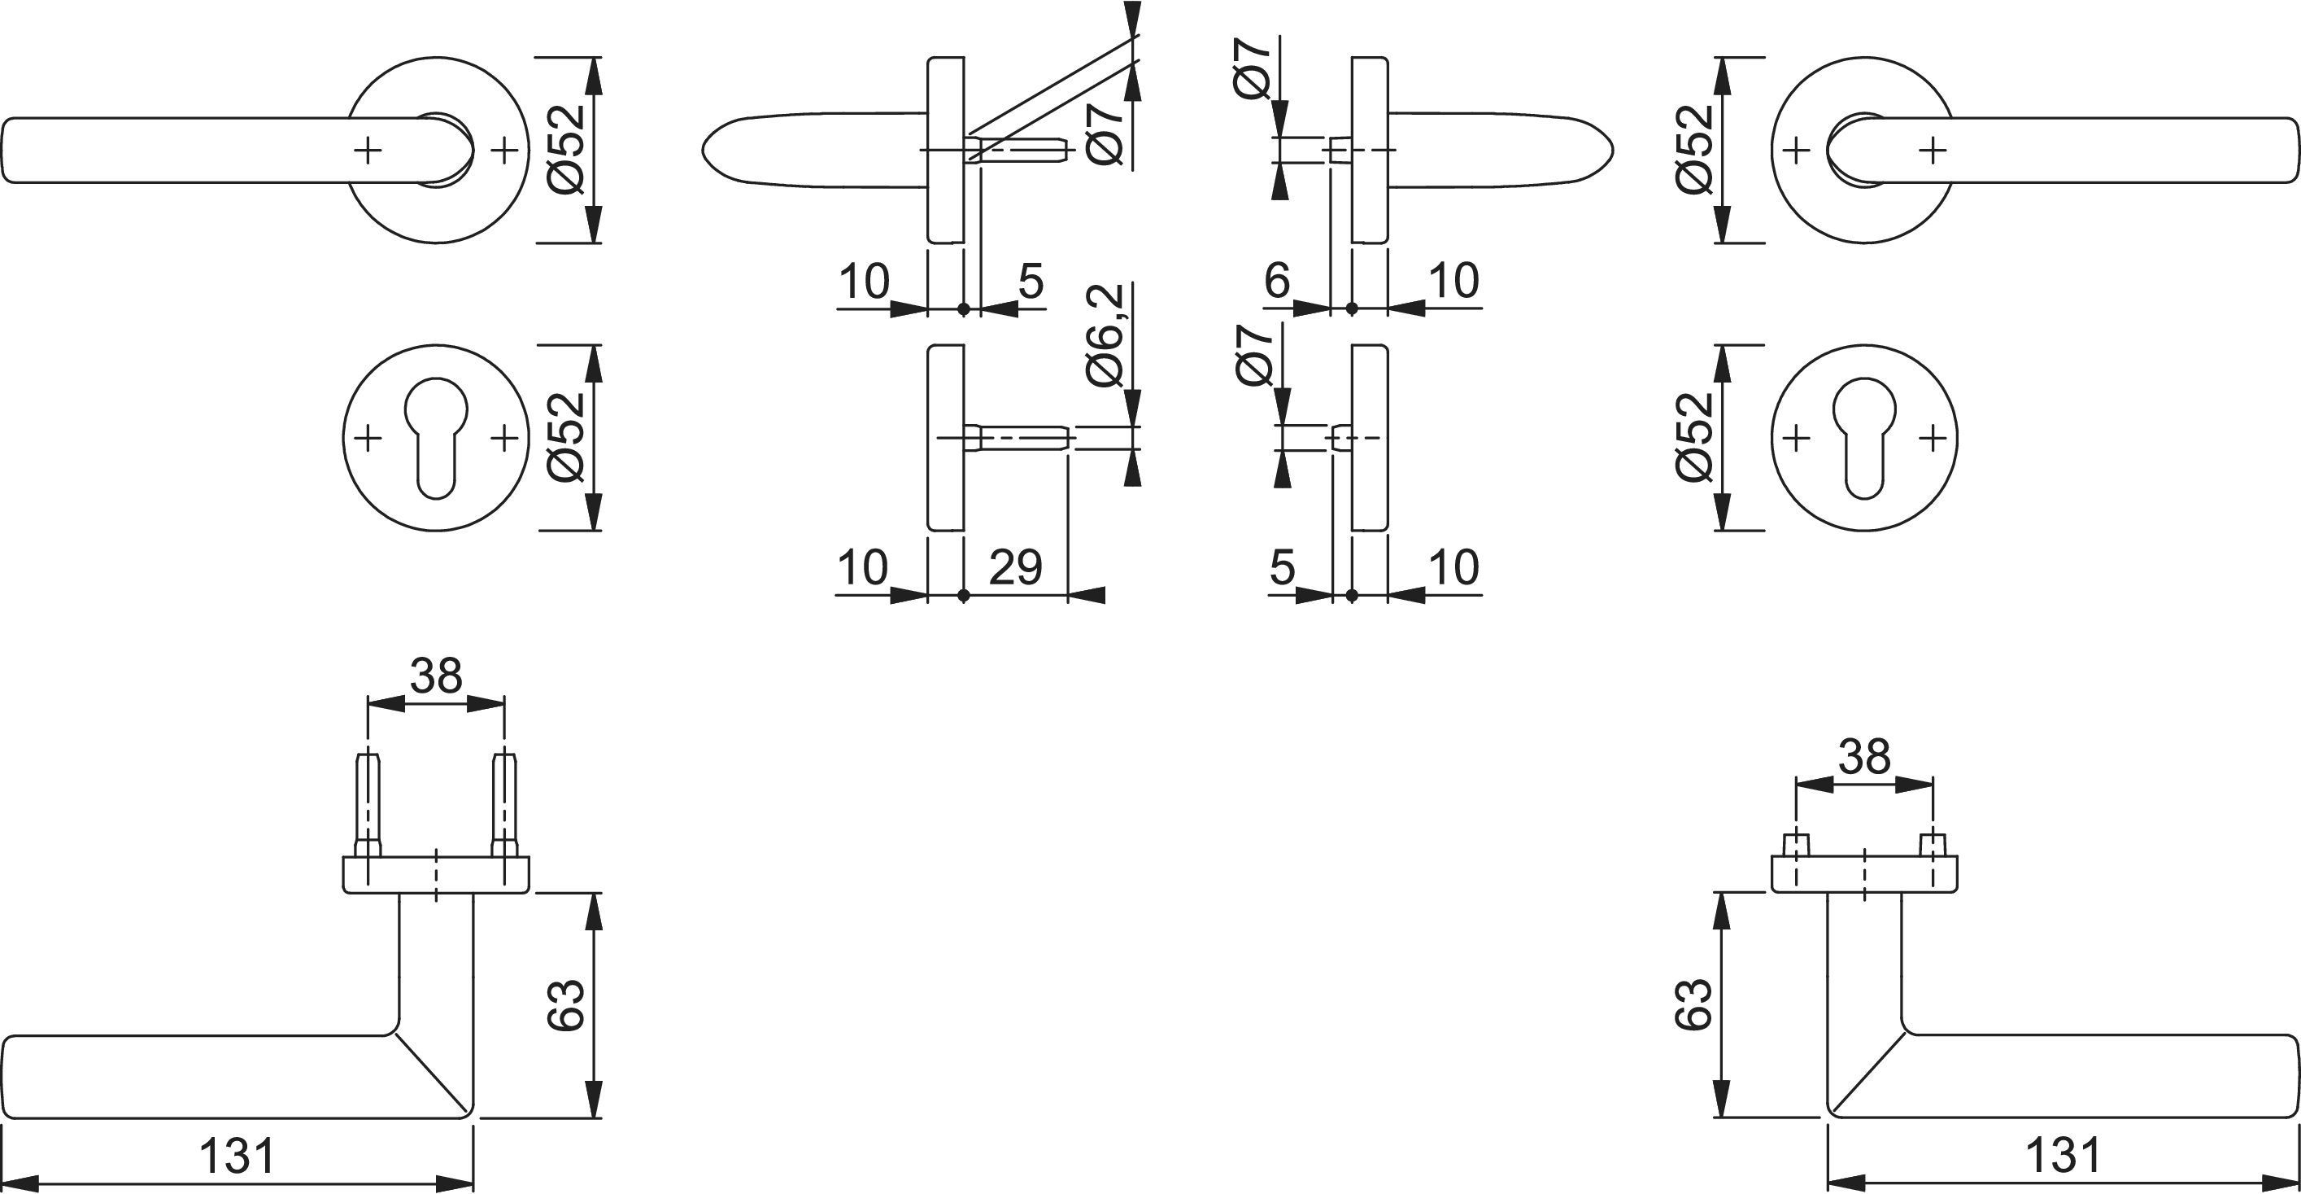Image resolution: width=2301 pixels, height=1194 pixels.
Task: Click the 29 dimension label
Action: point(1016,567)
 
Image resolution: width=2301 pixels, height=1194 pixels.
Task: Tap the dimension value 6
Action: point(1276,281)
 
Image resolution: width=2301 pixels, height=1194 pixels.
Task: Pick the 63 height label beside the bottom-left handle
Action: point(565,1005)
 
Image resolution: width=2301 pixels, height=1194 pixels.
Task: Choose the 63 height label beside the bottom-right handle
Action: point(1693,1005)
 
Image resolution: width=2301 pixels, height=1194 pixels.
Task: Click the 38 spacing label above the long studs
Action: point(436,676)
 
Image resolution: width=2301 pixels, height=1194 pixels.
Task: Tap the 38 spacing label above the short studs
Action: point(1864,757)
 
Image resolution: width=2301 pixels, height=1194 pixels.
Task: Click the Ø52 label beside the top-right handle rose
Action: point(1694,150)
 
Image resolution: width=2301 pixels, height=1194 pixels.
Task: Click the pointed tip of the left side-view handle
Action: point(703,150)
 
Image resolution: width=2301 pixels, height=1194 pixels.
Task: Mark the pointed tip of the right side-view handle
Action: point(1612,150)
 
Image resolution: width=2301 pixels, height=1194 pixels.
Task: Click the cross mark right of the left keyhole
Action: point(504,438)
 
